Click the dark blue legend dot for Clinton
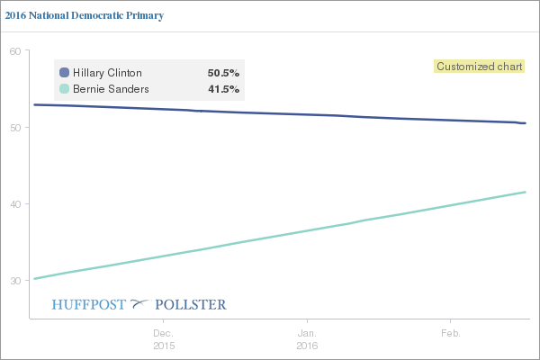click(x=64, y=72)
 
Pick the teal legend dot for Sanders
click(x=64, y=88)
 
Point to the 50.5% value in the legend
click(x=223, y=72)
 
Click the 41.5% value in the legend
click(x=223, y=88)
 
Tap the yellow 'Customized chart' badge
click(x=480, y=66)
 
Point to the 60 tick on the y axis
click(x=15, y=50)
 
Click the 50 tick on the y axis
click(x=15, y=127)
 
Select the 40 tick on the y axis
click(x=15, y=203)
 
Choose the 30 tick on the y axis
click(x=15, y=280)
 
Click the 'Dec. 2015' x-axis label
click(x=163, y=338)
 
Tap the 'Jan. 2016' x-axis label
click(x=307, y=338)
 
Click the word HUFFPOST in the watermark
click(x=90, y=304)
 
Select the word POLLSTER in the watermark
click(x=191, y=304)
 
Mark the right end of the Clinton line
click(x=525, y=123)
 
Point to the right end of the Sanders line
click(x=525, y=192)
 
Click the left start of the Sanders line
click(x=34, y=279)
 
